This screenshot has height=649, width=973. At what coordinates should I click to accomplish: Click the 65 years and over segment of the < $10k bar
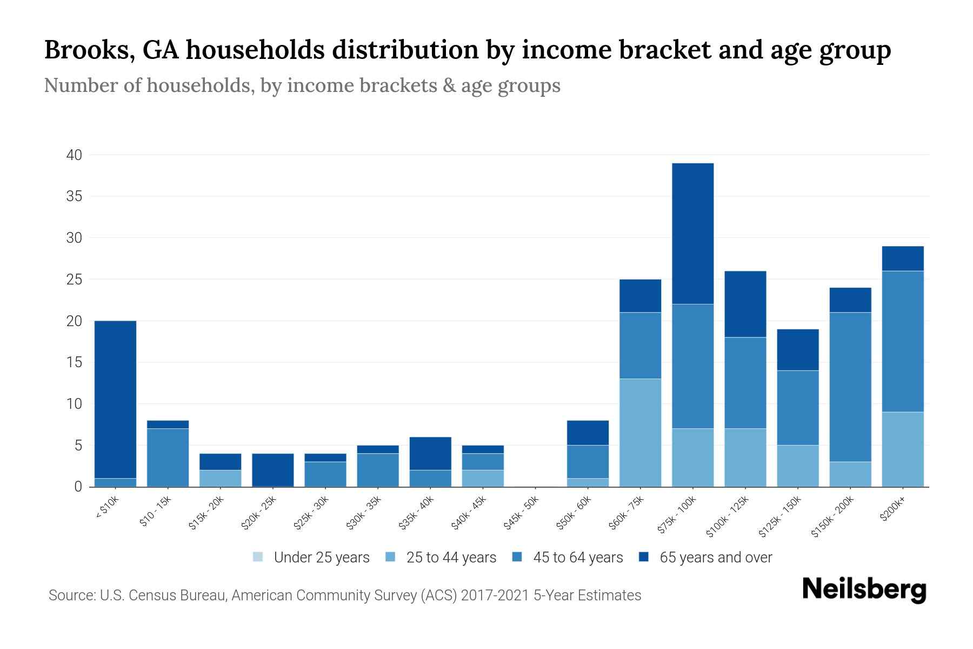click(115, 399)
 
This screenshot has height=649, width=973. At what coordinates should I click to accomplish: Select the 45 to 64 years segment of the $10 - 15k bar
click(168, 457)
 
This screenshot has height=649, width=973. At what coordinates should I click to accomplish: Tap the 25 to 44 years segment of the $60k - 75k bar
click(640, 433)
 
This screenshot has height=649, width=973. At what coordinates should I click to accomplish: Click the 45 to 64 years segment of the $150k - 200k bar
click(850, 387)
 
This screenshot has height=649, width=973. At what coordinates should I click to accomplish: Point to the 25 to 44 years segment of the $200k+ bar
click(903, 449)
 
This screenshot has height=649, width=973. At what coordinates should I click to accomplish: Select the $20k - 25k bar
click(273, 470)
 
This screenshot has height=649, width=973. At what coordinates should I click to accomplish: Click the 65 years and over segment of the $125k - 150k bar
click(798, 349)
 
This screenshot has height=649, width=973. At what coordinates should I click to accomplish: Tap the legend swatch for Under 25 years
click(258, 557)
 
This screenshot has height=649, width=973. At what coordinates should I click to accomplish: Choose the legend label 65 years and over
click(716, 558)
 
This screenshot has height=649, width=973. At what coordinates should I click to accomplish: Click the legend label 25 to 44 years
click(451, 558)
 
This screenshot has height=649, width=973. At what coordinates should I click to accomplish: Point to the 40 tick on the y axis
click(74, 155)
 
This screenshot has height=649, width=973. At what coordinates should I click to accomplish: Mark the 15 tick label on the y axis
click(74, 362)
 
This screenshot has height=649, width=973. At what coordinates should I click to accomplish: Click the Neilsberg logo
click(864, 590)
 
